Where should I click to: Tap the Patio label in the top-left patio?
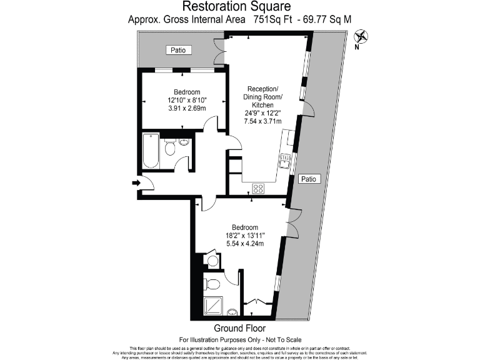pyautogui.click(x=178, y=50)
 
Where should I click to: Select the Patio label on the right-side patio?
pyautogui.click(x=309, y=179)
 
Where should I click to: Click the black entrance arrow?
pyautogui.click(x=136, y=182)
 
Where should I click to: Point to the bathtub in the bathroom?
pyautogui.click(x=151, y=151)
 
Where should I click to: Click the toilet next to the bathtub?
pyautogui.click(x=170, y=147)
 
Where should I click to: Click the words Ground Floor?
pyautogui.click(x=239, y=328)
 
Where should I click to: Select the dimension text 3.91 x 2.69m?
pyautogui.click(x=187, y=108)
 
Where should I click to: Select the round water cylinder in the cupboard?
pyautogui.click(x=211, y=261)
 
